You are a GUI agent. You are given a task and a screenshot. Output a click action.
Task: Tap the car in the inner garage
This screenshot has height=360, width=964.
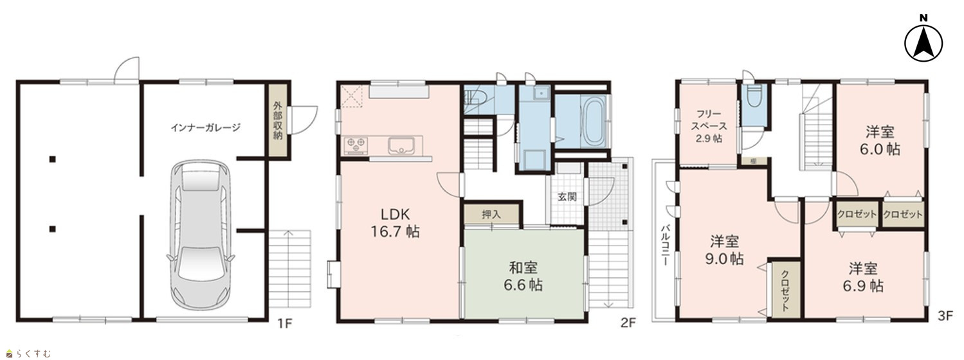click(x=201, y=235)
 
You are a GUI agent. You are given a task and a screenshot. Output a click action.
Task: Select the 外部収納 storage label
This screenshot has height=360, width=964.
click(x=278, y=120)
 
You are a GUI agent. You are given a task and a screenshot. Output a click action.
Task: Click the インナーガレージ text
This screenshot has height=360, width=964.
click(x=205, y=128)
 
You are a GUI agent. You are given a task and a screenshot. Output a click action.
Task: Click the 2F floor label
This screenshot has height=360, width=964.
click(x=628, y=323)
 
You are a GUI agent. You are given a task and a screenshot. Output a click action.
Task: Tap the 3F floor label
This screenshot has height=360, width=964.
click(x=945, y=316)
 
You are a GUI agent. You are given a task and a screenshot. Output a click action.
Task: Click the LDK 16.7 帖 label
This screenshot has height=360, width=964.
click(x=395, y=223)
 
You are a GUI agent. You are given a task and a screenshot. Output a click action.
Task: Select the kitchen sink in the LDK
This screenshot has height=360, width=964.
click(x=401, y=146)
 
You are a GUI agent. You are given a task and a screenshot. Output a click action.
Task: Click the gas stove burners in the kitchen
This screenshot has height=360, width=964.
click(x=356, y=145)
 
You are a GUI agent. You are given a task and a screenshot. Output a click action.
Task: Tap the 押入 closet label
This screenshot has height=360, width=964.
click(x=491, y=214)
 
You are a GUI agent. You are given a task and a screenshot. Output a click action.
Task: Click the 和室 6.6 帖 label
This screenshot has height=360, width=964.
click(x=523, y=276)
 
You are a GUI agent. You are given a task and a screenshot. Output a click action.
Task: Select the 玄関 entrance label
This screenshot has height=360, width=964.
click(x=567, y=197)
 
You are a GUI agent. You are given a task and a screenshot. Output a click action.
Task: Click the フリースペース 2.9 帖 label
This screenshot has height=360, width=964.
click(x=709, y=127)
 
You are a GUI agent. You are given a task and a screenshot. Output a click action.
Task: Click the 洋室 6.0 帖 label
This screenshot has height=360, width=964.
click(x=880, y=141)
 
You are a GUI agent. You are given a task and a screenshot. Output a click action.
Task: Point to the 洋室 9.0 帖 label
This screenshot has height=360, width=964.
click(x=725, y=250)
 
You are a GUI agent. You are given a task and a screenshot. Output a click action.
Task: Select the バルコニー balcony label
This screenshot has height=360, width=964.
click(x=665, y=245)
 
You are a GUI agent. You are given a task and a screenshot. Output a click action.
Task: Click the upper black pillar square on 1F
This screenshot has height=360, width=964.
click(x=52, y=159)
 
